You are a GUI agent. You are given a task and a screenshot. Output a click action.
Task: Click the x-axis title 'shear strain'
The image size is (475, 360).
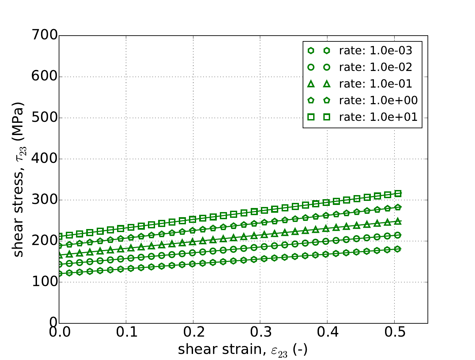[x=242, y=349]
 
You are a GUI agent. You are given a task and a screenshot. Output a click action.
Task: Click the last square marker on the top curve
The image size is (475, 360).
[x=398, y=194]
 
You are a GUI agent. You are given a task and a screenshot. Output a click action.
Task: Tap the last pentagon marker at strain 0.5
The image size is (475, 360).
[x=398, y=207]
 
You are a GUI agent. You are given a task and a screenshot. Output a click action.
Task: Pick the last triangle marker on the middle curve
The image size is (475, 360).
[x=398, y=221]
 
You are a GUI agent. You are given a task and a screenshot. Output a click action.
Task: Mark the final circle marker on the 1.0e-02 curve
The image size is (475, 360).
[x=398, y=235]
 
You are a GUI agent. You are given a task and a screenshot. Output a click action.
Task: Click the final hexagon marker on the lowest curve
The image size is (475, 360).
[x=398, y=249]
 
